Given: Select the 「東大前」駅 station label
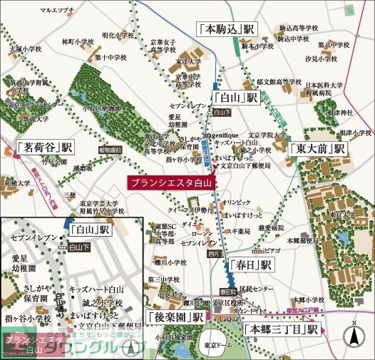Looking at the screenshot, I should pos(319,149).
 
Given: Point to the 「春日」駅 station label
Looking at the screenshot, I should pos(250,264).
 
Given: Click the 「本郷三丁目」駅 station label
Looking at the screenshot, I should pos(281,330).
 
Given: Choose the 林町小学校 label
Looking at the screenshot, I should pos(78,41).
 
